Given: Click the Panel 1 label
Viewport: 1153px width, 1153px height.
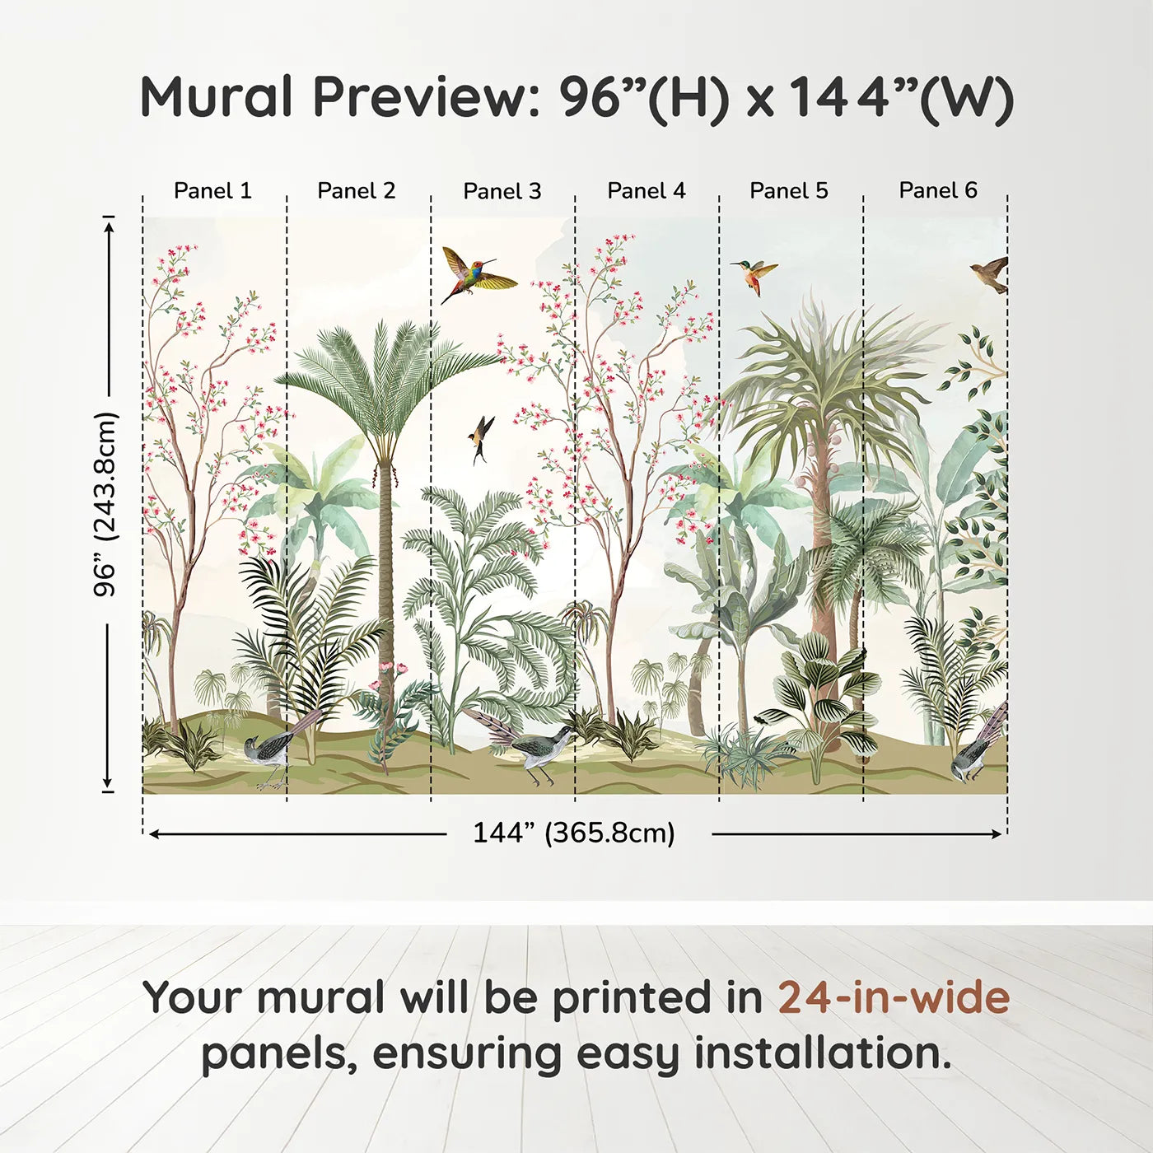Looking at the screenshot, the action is point(212,191).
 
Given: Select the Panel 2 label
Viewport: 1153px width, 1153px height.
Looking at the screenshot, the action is point(357,191).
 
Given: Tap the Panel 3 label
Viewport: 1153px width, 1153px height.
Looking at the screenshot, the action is point(502,191).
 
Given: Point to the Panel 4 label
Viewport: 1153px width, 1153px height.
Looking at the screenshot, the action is point(647,191).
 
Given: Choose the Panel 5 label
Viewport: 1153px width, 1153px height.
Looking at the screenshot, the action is point(789,191).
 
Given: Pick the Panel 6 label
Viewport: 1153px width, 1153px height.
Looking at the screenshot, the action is point(937,190).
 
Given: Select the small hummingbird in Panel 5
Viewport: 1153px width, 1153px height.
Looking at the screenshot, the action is point(754,276).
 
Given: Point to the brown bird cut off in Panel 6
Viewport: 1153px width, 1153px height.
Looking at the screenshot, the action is point(991,274).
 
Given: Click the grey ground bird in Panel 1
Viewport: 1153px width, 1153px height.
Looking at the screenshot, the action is point(266,758).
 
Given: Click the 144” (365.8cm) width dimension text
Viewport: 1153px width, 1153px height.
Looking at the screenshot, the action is point(574,833).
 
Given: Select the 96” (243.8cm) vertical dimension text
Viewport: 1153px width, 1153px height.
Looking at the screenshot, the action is point(106,504).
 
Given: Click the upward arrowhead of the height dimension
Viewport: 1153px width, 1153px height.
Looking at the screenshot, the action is point(108,226).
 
